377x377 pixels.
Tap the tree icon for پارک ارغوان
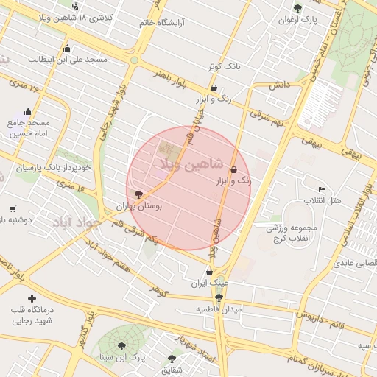(297, 8)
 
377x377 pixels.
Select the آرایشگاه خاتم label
(162, 23)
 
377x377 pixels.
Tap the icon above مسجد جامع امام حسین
(29, 112)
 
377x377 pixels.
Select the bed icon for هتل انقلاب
(322, 189)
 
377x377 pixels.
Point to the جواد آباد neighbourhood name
(71, 221)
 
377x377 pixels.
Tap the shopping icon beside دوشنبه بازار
(12, 209)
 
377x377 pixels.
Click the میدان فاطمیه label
(219, 309)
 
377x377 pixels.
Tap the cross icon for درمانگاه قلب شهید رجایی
(31, 298)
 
